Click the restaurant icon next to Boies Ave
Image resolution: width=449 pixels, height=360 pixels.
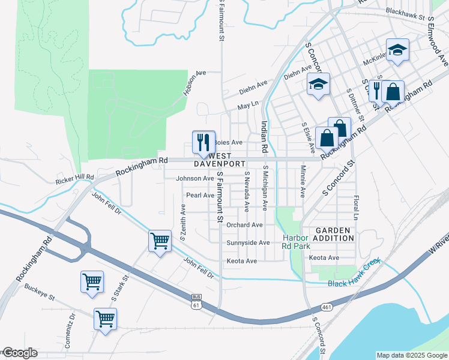[203, 142]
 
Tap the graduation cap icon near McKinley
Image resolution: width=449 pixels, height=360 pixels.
[396, 51]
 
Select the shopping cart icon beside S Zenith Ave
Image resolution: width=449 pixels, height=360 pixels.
[159, 241]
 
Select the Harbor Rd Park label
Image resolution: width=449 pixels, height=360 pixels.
[297, 241]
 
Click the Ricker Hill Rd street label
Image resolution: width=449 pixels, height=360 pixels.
[74, 178]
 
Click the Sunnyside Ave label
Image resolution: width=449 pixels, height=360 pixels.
[249, 243]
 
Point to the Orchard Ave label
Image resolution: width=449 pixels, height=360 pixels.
[245, 225]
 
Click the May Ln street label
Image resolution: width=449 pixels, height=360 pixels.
[247, 105]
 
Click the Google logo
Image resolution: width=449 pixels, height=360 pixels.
[19, 353]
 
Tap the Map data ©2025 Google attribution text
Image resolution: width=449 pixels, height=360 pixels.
[411, 355]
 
